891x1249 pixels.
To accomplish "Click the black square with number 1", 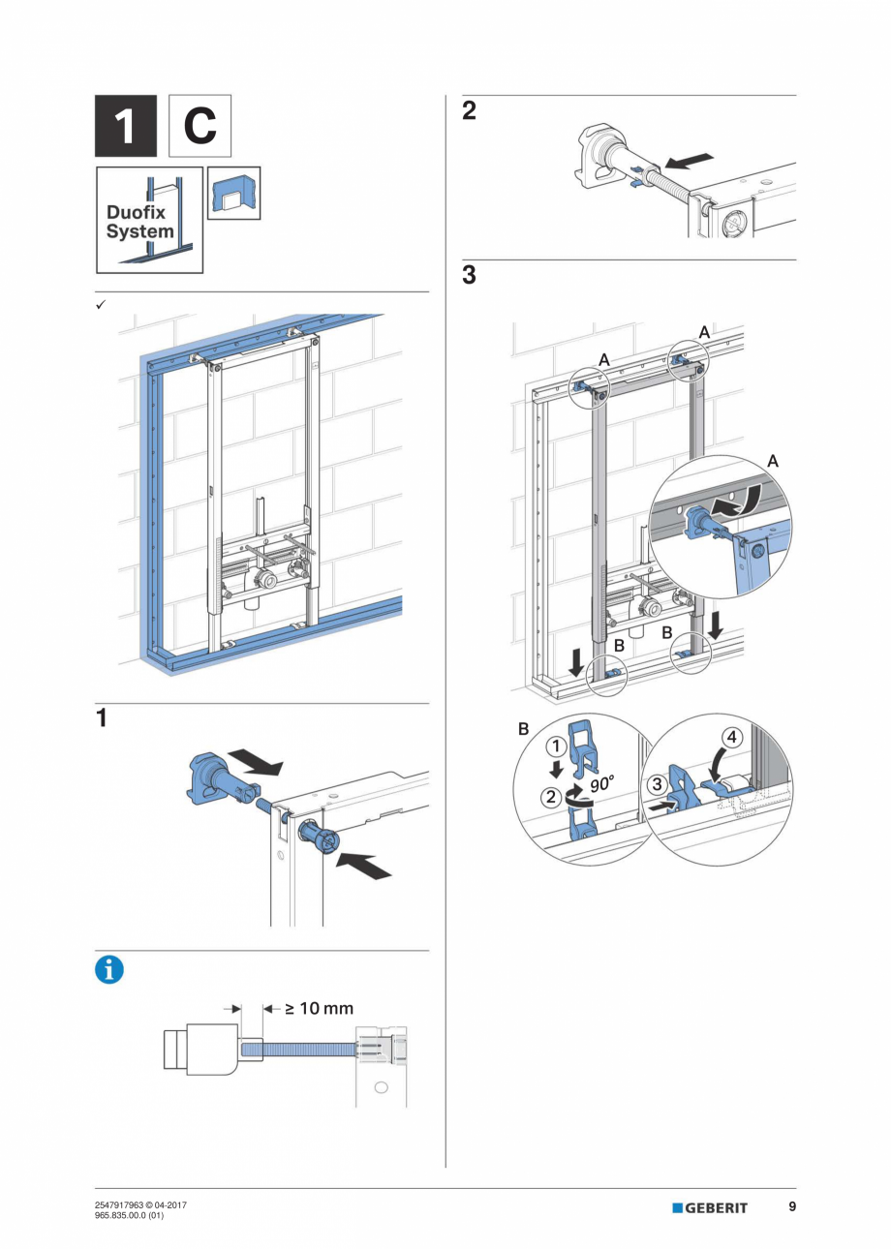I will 125,126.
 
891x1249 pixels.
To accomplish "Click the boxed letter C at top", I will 200,126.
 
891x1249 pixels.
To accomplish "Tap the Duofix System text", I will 140,222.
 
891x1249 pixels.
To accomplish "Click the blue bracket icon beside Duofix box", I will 233,194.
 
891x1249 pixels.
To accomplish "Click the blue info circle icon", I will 109,969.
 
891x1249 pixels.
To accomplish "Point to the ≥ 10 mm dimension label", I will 318,1008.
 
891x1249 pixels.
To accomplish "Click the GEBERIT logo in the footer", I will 711,1207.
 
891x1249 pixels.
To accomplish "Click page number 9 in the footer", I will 792,1206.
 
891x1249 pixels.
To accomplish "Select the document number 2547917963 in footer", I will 122,1204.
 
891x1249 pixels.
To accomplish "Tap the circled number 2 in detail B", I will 552,798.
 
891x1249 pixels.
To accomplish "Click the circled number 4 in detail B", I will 733,737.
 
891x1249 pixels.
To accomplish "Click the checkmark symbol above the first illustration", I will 100,304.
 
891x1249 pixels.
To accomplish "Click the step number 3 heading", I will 469,276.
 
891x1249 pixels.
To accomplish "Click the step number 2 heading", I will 469,111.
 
